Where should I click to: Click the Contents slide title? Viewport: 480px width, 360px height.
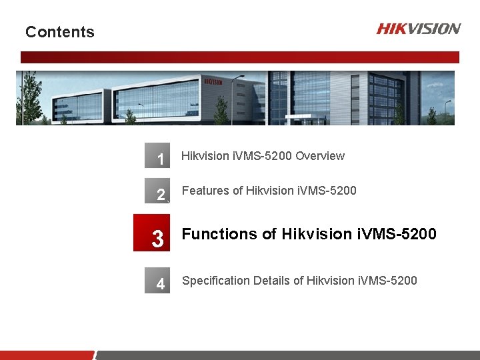point(59,32)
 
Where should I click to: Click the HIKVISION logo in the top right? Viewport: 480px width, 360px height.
point(418,29)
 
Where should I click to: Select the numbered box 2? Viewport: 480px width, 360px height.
point(158,193)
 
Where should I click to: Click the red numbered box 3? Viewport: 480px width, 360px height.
point(153,233)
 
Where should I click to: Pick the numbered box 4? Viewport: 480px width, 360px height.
point(158,283)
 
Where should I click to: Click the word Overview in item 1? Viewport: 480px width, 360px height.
point(320,156)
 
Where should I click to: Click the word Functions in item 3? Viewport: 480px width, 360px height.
point(219,234)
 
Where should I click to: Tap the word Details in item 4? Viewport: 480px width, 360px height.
point(273,281)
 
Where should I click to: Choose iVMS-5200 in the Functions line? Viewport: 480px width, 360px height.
point(397,234)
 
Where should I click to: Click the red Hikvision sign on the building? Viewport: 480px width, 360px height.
point(213,81)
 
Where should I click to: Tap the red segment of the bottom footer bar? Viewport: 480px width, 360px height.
point(47,355)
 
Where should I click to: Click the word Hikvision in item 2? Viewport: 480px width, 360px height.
point(269,191)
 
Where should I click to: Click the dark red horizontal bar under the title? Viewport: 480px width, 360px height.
point(240,57)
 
